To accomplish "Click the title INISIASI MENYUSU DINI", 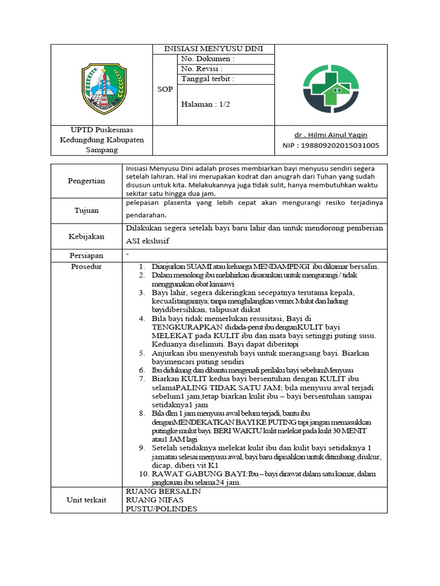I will [x=213, y=49].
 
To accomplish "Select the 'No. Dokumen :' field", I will [x=207, y=59].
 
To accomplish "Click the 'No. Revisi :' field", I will [x=202, y=69].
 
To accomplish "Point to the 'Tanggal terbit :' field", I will [x=207, y=79].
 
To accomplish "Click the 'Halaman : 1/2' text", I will [x=206, y=105].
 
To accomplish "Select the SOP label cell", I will [x=165, y=89].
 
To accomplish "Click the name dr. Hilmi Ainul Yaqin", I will [x=331, y=135].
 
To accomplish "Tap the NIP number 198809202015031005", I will [x=331, y=145].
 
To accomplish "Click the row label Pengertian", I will [x=86, y=181].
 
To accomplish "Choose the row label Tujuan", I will [x=87, y=210].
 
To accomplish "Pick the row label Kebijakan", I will [x=86, y=236].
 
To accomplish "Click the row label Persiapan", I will [x=86, y=256].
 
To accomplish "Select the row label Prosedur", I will [x=86, y=267].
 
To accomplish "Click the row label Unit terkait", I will [x=86, y=500].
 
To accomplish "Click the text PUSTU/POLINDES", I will [x=161, y=508].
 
